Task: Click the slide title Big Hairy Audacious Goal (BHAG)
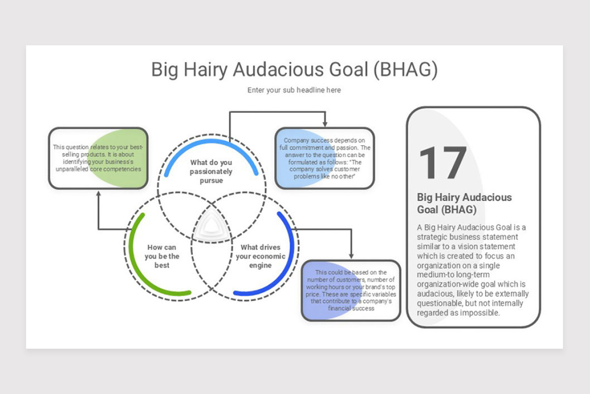click(x=294, y=69)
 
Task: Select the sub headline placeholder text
click(x=294, y=90)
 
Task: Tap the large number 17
click(x=442, y=163)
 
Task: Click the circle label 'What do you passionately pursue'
click(x=211, y=171)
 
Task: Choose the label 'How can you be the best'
click(x=162, y=256)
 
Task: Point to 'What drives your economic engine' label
click(x=260, y=256)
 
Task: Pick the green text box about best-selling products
click(x=98, y=158)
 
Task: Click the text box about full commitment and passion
click(x=324, y=158)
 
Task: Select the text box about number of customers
click(x=351, y=291)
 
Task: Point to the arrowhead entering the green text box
click(x=98, y=194)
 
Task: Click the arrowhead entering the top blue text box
click(x=324, y=124)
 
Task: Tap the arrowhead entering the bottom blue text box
click(x=351, y=256)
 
